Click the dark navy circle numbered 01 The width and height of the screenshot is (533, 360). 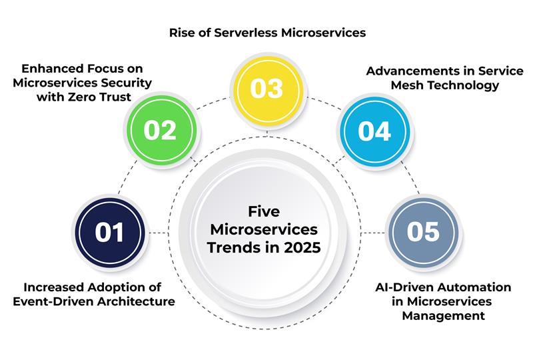click(x=109, y=233)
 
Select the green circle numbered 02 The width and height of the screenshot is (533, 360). click(x=161, y=130)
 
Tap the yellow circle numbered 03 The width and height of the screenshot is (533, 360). click(x=268, y=89)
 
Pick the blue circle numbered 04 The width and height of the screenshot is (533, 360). click(x=374, y=131)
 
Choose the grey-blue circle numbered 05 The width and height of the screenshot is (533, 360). click(x=424, y=232)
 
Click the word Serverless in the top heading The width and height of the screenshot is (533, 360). click(x=246, y=33)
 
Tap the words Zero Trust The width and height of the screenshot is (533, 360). click(x=99, y=97)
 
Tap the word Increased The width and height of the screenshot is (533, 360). click(x=53, y=287)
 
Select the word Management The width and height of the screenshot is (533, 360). click(x=443, y=316)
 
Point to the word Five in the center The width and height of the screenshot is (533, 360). click(x=264, y=211)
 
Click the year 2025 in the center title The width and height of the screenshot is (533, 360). click(x=302, y=247)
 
